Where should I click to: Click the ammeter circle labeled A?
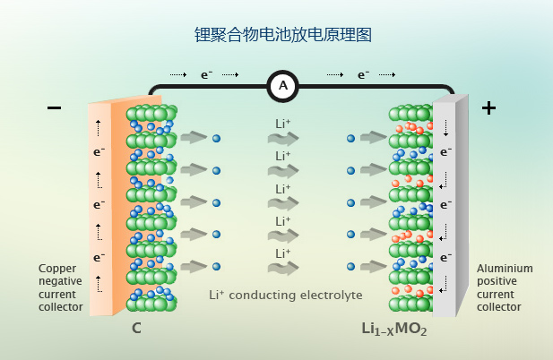(283, 86)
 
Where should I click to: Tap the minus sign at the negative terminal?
(55, 108)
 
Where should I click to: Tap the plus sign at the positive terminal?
(488, 108)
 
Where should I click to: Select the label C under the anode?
(136, 329)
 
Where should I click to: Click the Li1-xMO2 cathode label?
(394, 330)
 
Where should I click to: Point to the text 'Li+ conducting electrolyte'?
(285, 294)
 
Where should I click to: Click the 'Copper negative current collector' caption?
(61, 287)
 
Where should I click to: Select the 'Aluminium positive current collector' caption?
(505, 287)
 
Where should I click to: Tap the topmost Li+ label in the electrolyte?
(283, 124)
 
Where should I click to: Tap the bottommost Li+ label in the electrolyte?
(283, 253)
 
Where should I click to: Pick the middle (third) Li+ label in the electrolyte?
(283, 189)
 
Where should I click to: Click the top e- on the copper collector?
(99, 152)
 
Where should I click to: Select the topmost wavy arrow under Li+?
(283, 139)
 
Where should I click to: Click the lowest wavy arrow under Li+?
(283, 268)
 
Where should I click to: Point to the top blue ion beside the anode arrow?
(216, 138)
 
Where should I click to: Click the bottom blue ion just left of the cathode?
(351, 267)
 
